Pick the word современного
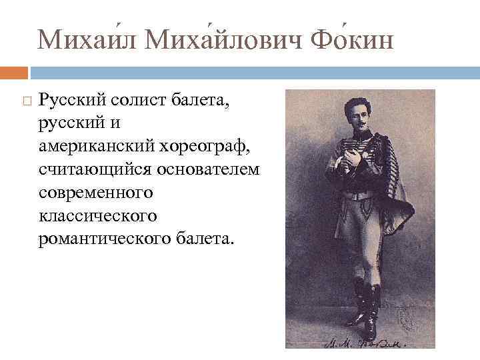[95, 193]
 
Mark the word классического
[98, 215]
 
